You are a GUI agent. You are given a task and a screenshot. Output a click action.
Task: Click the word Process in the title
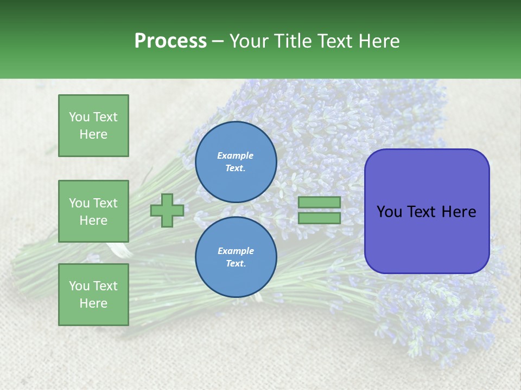[x=170, y=41]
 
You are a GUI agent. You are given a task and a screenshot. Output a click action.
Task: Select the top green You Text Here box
[x=93, y=126]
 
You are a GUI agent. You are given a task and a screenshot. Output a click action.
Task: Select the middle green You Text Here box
[x=93, y=211]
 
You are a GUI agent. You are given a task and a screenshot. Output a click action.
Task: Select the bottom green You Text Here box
[x=93, y=295]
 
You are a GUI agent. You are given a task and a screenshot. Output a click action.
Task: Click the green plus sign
[x=167, y=210]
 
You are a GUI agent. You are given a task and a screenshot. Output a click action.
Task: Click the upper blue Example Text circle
[x=236, y=161]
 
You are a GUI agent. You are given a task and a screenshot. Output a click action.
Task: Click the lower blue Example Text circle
[x=236, y=257]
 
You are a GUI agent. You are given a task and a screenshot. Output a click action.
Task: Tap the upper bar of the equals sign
[x=319, y=202]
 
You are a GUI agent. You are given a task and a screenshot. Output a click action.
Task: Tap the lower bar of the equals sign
[x=319, y=218]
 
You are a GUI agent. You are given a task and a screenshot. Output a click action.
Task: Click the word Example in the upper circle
[x=236, y=155]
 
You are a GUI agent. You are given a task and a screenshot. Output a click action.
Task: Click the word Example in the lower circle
[x=236, y=251]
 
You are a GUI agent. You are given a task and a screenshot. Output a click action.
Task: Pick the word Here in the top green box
[x=93, y=134]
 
